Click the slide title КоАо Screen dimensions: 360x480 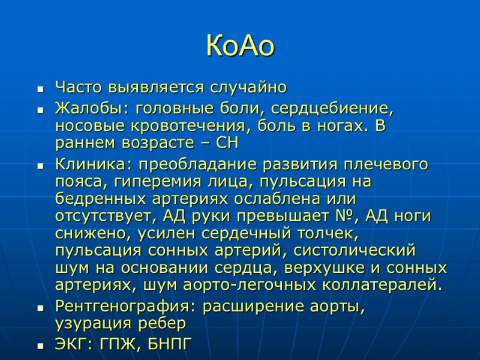[x=240, y=46]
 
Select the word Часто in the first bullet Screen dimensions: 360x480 [x=79, y=88]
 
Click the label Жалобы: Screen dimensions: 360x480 [x=92, y=110]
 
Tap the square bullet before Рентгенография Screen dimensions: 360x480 [x=40, y=307]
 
